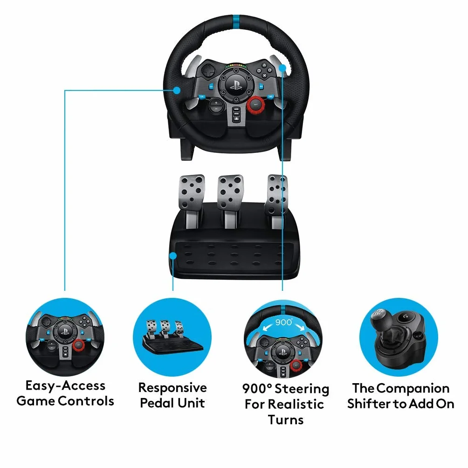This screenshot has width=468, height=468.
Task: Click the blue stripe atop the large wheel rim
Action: pyautogui.click(x=236, y=21)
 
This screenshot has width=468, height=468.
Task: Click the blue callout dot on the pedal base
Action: pyautogui.click(x=173, y=256)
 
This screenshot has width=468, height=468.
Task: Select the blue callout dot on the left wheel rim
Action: pyautogui.click(x=177, y=90)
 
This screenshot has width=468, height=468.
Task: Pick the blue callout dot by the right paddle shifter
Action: pyautogui.click(x=282, y=68)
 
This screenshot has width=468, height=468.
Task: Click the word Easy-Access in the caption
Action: pyautogui.click(x=65, y=386)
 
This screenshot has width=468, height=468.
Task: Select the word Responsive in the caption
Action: pyautogui.click(x=172, y=388)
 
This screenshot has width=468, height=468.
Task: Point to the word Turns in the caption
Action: pyautogui.click(x=286, y=420)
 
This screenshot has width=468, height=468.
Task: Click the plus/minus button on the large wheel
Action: pyautogui.click(x=216, y=106)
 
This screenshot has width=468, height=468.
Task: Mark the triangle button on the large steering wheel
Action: pyautogui.click(x=264, y=65)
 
